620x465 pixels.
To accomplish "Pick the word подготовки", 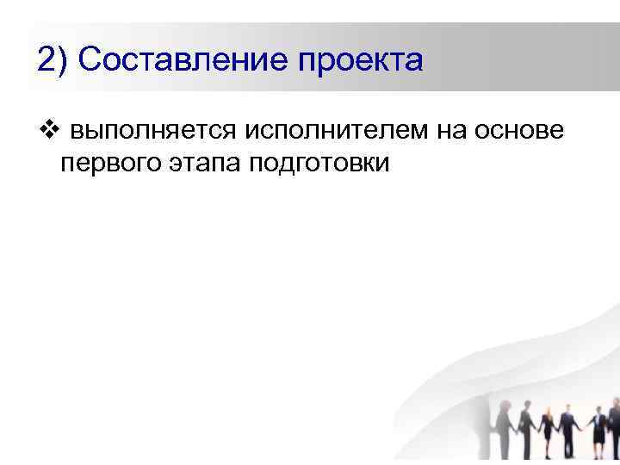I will point(319,163).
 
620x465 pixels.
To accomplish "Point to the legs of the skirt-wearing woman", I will point(598,449).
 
